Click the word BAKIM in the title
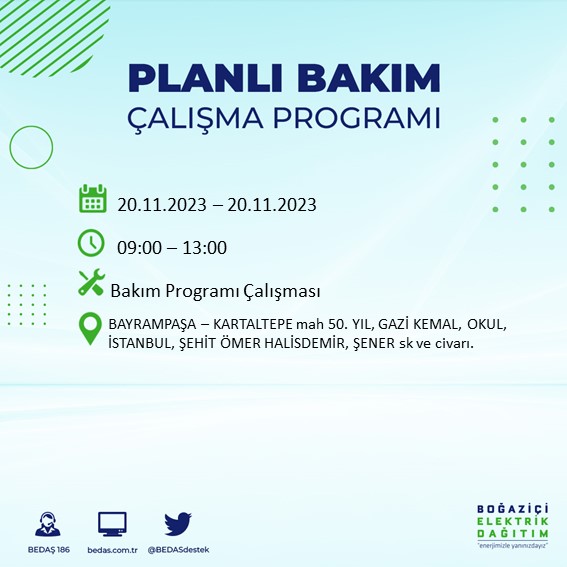point(377,78)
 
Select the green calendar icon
point(92,198)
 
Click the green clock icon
point(91,242)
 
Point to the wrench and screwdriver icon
point(91,283)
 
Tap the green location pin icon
point(91,329)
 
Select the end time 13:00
point(204,248)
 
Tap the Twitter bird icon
point(178,524)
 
